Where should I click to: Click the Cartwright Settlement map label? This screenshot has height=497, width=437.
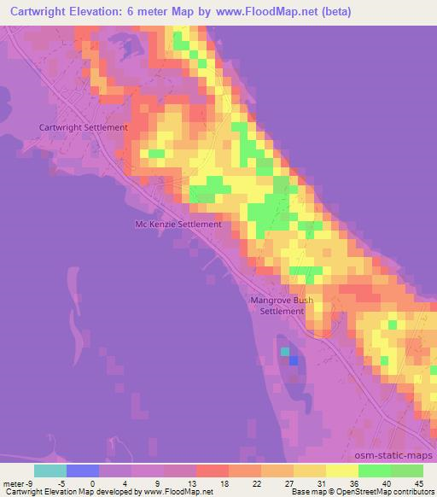pyautogui.click(x=84, y=127)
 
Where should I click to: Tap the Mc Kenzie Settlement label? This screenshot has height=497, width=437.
pyautogui.click(x=179, y=225)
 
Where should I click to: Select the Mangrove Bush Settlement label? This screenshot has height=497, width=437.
pyautogui.click(x=282, y=306)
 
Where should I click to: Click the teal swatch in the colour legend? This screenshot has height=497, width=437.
pyautogui.click(x=50, y=470)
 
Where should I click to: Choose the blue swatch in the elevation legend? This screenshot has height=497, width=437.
pyautogui.click(x=83, y=470)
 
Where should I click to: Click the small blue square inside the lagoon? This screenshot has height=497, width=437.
pyautogui.click(x=294, y=360)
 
